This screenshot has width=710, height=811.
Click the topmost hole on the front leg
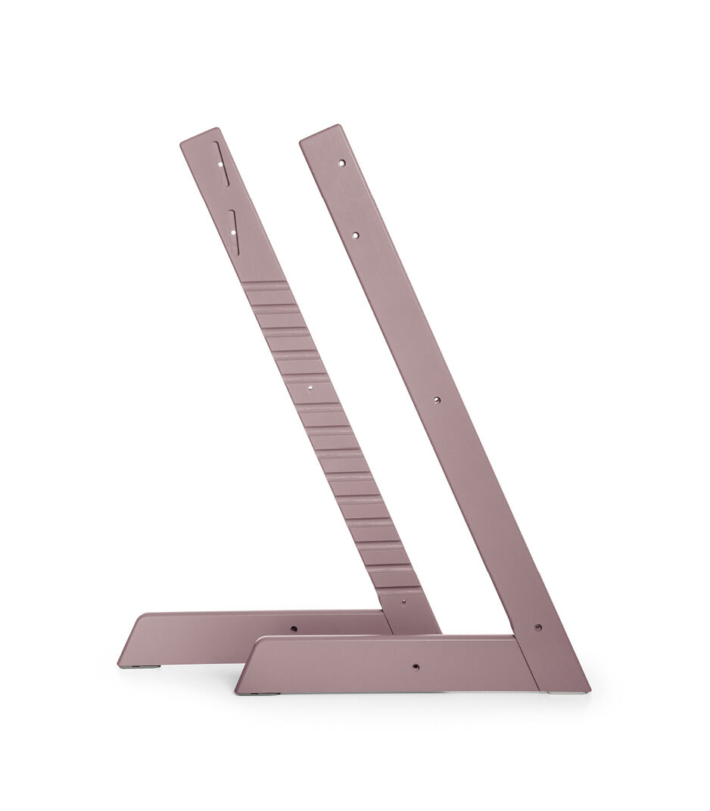point(342,162)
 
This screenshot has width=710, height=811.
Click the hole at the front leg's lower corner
point(537,626)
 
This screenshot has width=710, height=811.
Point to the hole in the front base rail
point(415,665)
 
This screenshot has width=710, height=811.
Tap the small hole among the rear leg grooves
point(310,385)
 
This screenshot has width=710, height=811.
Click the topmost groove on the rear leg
point(265,288)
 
